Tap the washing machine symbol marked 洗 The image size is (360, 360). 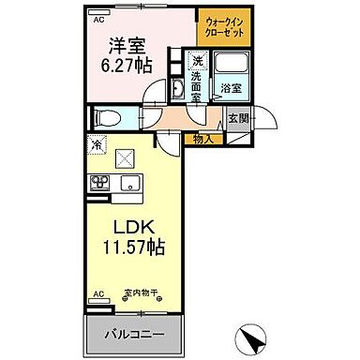pos(198,60)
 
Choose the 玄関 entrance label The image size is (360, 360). pos(238,120)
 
